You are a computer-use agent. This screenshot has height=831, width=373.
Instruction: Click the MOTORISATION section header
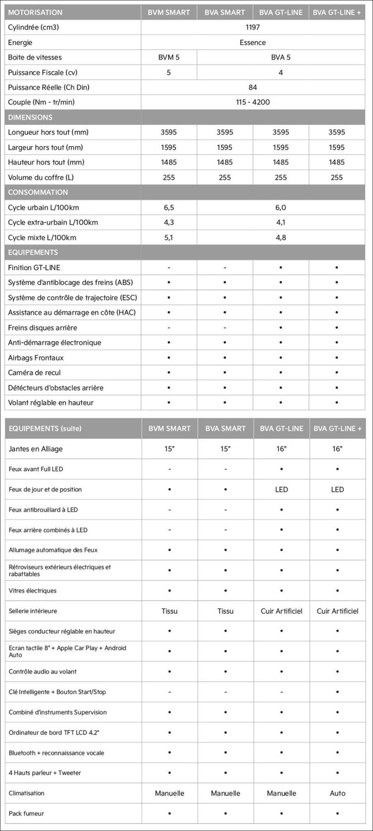35,12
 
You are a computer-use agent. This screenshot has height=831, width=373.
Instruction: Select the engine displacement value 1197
252,27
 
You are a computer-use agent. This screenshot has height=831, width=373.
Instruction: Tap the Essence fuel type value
252,42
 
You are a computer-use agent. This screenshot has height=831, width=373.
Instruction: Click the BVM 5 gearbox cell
169,57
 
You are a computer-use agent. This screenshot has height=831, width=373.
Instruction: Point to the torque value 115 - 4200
252,102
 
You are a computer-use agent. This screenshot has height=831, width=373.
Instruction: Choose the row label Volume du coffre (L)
41,177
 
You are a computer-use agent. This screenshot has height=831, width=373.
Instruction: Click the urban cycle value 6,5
169,207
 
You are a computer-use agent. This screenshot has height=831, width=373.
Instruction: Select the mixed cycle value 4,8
280,237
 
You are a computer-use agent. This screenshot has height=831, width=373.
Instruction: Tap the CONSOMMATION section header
38,192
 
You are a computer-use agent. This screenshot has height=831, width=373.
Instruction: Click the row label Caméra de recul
34,372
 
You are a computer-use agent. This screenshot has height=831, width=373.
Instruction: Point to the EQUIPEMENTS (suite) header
45,428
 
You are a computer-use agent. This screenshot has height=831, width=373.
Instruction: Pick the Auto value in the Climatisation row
337,793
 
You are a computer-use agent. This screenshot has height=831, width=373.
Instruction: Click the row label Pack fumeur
26,813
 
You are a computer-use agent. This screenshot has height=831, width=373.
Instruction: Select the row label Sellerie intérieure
33,611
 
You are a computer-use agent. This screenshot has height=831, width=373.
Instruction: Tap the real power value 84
252,87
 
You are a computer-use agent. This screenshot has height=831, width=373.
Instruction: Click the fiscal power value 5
169,72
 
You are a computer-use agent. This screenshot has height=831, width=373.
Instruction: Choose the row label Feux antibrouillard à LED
43,510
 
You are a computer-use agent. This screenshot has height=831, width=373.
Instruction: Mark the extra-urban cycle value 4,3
169,222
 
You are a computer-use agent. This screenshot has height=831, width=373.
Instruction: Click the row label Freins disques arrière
43,327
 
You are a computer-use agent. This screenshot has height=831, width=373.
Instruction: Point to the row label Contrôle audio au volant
43,672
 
